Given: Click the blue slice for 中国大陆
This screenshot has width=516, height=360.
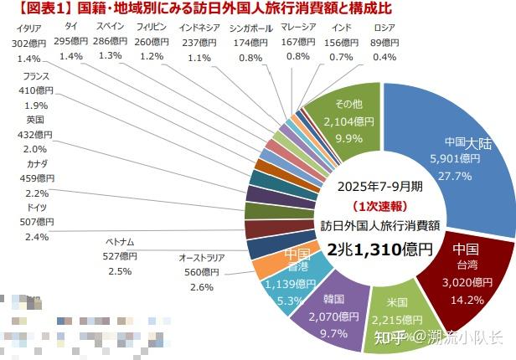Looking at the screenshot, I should (x=465, y=159).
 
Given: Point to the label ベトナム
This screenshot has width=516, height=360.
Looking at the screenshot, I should (x=121, y=242).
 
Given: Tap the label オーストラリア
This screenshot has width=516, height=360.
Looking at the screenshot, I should (x=202, y=257).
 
